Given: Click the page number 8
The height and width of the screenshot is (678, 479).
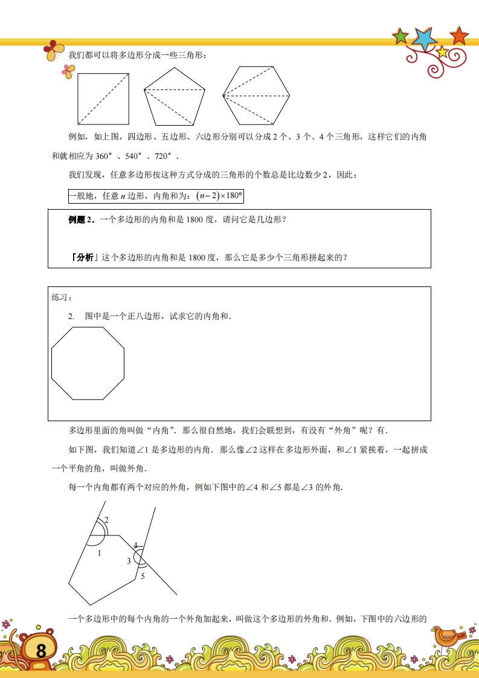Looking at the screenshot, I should point(40,651).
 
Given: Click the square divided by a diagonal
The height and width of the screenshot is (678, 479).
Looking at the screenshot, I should point(103,98).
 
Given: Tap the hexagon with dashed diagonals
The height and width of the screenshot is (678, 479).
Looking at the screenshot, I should point(257,95).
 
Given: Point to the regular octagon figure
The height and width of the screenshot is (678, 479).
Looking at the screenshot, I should point(88,363).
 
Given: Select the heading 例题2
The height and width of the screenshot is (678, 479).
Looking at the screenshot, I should point(82,220).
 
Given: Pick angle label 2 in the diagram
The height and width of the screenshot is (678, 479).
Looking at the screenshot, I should point(106,520).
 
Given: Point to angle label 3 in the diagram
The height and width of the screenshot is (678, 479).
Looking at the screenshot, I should point(129,561).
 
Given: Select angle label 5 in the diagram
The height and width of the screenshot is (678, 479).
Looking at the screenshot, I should point(143,576).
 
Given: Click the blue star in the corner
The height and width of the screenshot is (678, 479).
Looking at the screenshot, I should point(425,39).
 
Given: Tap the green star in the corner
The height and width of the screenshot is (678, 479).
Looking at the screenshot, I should point(400,37).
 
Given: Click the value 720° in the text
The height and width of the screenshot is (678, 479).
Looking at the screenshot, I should point(167,156).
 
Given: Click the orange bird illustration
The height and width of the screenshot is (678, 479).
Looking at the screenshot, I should point(446,636).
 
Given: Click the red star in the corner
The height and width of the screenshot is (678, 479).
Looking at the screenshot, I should point(459,35).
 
